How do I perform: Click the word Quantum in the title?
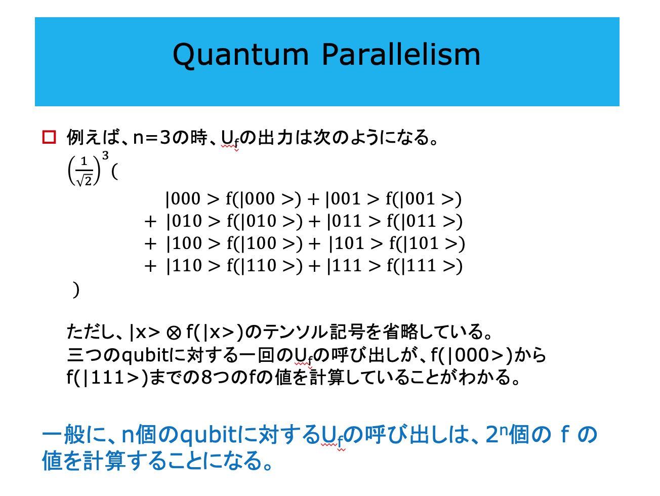tap(240, 55)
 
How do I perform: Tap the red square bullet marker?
tap(49, 137)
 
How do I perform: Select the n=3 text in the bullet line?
tap(152, 137)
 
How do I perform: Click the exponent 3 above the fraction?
tap(105, 155)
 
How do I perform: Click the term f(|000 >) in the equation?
tap(263, 199)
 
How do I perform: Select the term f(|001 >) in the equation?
tap(423, 199)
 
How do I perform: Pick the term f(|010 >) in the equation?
tap(265, 221)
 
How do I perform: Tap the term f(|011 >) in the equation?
tap(425, 221)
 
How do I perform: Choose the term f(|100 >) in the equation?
tap(265, 243)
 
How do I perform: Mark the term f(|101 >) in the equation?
tap(427, 243)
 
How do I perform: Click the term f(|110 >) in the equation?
tap(265, 265)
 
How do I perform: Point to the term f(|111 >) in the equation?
tap(425, 265)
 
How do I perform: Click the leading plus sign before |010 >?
tap(150, 222)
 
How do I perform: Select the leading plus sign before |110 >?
tap(150, 266)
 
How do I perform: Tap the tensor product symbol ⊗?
tap(174, 333)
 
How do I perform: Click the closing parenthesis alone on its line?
tap(76, 290)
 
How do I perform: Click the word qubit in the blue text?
tap(209, 435)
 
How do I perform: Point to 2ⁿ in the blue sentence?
tap(497, 434)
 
